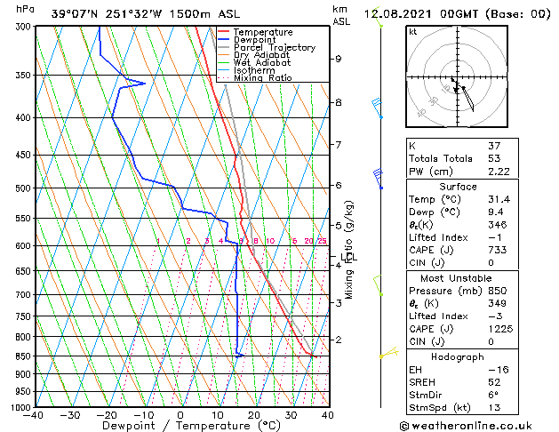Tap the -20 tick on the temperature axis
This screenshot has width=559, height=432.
[107, 414]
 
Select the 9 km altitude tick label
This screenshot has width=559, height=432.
[338, 59]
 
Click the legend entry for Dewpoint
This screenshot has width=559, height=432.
[255, 40]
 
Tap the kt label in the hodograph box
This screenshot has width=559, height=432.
[412, 31]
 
